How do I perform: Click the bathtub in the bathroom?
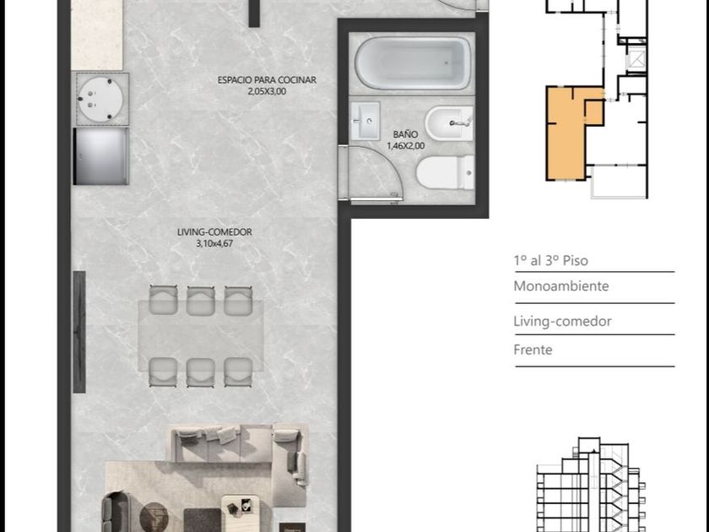click(413, 62)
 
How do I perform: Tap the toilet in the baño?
click(446, 172)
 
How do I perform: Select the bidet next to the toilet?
click(448, 123)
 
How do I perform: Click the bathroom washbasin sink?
click(365, 121)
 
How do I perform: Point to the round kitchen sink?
click(100, 99)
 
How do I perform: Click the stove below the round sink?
click(100, 156)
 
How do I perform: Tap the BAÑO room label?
click(405, 134)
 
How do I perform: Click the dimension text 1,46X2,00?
click(406, 145)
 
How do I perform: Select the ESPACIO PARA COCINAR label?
click(267, 80)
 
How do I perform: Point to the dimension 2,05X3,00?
click(267, 91)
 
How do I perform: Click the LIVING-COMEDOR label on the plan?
click(214, 232)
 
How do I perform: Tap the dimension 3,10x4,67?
click(214, 244)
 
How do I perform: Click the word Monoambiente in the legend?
click(560, 286)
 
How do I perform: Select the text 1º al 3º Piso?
click(550, 261)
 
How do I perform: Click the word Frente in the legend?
click(533, 350)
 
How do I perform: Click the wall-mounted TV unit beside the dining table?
click(79, 332)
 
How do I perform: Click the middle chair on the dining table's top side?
click(200, 301)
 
